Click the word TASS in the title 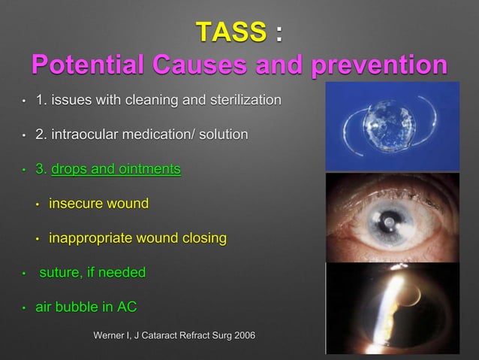tap(230, 32)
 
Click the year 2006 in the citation tap(239, 334)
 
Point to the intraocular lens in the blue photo tap(389, 123)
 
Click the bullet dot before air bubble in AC tap(24, 307)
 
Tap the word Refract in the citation tap(188, 334)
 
